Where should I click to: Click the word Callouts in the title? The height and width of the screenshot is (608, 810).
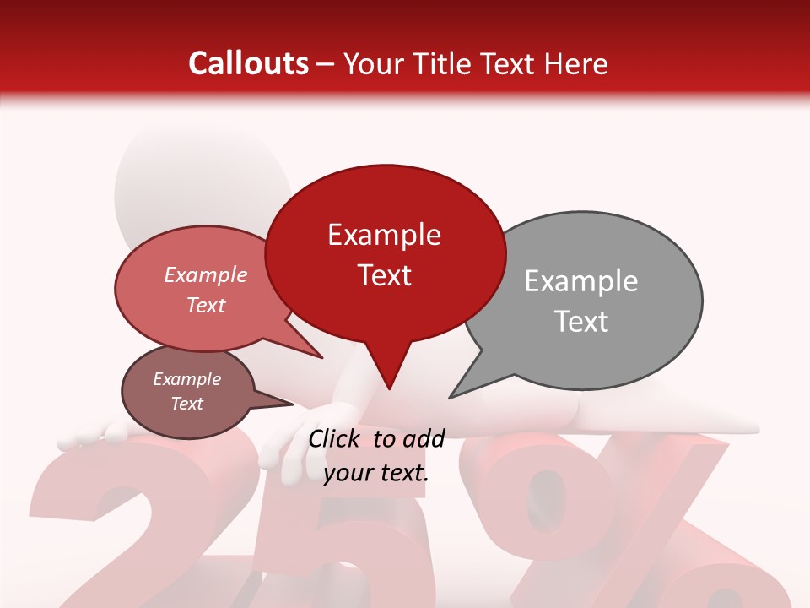248,63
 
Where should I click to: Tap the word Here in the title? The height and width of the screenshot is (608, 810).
574,63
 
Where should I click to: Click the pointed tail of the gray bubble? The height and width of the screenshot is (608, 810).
468,384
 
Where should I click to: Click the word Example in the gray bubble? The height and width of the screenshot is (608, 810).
581,281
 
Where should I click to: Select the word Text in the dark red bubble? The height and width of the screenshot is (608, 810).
385,275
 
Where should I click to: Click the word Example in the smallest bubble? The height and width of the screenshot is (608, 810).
186,379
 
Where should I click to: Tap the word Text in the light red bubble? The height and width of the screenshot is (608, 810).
206,305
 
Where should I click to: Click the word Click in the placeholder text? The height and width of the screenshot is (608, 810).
337,438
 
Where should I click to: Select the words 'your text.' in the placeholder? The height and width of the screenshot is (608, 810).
375,474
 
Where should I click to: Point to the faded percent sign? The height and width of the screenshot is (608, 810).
624,524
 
